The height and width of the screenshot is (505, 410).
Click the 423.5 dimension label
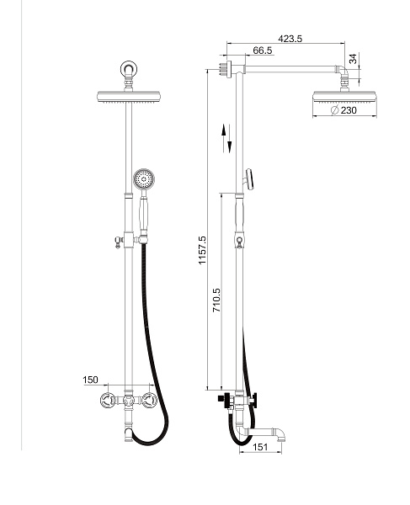290,39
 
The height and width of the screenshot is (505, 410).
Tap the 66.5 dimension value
263,50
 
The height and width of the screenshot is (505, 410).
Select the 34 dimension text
353,59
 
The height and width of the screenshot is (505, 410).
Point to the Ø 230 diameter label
343,110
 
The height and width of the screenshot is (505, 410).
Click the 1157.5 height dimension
202,250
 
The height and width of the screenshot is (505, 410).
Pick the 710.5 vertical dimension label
216,300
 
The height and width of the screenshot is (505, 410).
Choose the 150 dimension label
90,380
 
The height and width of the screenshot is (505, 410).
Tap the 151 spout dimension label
260,447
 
